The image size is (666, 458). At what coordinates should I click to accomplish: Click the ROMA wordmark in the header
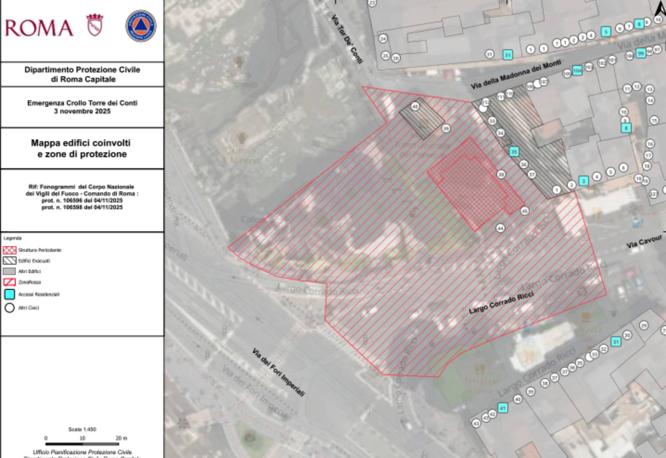(39, 28)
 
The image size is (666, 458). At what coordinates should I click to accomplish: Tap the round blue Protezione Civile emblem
(141, 26)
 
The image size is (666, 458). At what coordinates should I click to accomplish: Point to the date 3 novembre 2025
(82, 111)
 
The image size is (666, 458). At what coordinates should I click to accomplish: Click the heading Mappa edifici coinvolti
(81, 143)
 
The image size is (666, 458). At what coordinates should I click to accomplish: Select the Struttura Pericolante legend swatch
(10, 250)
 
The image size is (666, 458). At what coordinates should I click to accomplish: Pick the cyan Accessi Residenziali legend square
(10, 294)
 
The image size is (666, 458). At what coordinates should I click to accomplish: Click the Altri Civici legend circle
(10, 308)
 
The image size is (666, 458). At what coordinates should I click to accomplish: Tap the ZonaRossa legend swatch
(10, 282)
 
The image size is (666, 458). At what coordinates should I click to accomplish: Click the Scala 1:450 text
(82, 429)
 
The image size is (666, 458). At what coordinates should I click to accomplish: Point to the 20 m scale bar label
(121, 438)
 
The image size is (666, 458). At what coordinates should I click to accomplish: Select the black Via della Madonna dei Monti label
(516, 74)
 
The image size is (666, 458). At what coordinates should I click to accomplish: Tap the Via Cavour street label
(644, 242)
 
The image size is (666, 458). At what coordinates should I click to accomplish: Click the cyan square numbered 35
(514, 152)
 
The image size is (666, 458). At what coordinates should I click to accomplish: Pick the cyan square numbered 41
(503, 408)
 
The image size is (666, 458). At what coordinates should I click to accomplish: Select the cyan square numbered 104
(577, 70)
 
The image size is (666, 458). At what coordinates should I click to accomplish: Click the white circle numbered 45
(524, 211)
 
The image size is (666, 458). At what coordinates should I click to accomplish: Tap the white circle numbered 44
(500, 228)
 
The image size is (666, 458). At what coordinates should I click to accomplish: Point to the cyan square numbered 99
(641, 53)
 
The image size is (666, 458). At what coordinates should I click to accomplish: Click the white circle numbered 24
(383, 39)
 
